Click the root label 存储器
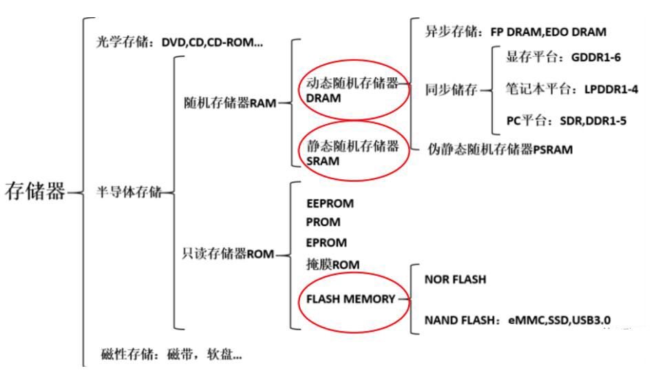coord(35,191)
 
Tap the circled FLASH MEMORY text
coord(351,298)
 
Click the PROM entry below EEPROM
coord(323,222)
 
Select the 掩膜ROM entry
coord(332,263)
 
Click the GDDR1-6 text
coord(596,57)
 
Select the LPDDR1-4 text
coord(605,90)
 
